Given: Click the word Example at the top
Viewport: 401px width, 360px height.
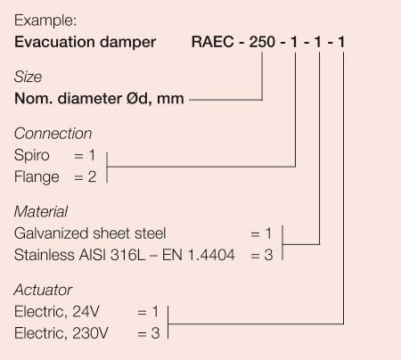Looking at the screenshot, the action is coord(45,20).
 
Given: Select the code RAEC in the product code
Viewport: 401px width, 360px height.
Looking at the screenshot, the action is coord(212,42).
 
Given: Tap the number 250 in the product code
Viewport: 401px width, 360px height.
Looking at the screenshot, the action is coord(262,42).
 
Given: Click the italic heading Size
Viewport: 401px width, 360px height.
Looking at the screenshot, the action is coord(28,77).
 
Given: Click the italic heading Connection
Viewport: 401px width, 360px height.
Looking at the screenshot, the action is coord(53,134).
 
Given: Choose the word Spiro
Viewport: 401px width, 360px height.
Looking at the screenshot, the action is coord(32,155).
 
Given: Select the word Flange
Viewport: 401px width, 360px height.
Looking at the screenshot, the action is coord(37,177).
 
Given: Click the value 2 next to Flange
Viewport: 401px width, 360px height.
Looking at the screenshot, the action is coord(92,176).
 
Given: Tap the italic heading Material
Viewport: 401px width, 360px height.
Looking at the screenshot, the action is coord(41,212).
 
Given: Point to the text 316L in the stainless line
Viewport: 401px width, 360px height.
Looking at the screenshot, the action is coord(128,255).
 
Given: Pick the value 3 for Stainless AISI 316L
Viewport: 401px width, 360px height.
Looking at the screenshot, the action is coord(268,255).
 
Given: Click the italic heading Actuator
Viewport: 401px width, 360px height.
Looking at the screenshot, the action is coord(43,290).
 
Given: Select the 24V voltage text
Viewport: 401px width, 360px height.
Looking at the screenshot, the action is coord(86,312).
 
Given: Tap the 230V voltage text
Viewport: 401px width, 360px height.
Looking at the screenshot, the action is coord(90,333).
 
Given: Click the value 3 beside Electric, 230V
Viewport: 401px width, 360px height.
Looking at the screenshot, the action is coord(155,333).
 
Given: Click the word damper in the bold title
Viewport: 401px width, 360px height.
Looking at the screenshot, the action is coord(127,43).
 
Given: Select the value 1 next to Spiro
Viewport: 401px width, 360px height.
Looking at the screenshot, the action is coord(92,155).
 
